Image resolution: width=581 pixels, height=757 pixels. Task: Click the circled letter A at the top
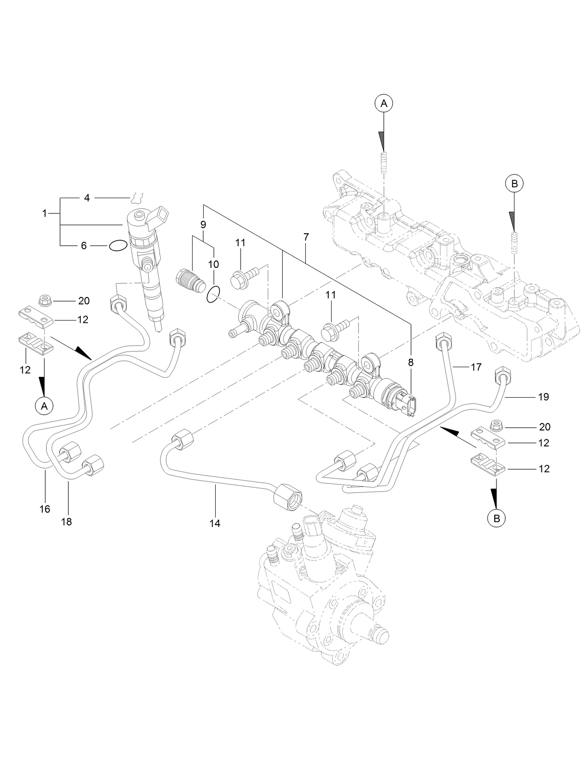point(384,104)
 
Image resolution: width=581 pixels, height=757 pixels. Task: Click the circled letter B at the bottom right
point(496,518)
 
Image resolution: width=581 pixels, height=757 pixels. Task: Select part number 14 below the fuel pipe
point(215,523)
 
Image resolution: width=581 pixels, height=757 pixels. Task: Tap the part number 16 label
point(44,509)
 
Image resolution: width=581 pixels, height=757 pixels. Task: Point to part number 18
point(67,521)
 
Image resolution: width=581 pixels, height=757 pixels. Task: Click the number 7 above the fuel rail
point(306,236)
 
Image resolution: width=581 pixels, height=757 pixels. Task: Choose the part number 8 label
point(411,363)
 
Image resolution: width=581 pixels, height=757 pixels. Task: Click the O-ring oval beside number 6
point(118,246)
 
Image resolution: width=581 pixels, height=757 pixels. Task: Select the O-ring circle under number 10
point(213,295)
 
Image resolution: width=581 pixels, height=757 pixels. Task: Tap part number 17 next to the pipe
point(476,367)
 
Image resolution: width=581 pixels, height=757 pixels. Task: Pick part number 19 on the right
point(543,397)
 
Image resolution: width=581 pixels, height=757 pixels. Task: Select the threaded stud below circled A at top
point(384,162)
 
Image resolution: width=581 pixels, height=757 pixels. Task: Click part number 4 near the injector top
point(87,198)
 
